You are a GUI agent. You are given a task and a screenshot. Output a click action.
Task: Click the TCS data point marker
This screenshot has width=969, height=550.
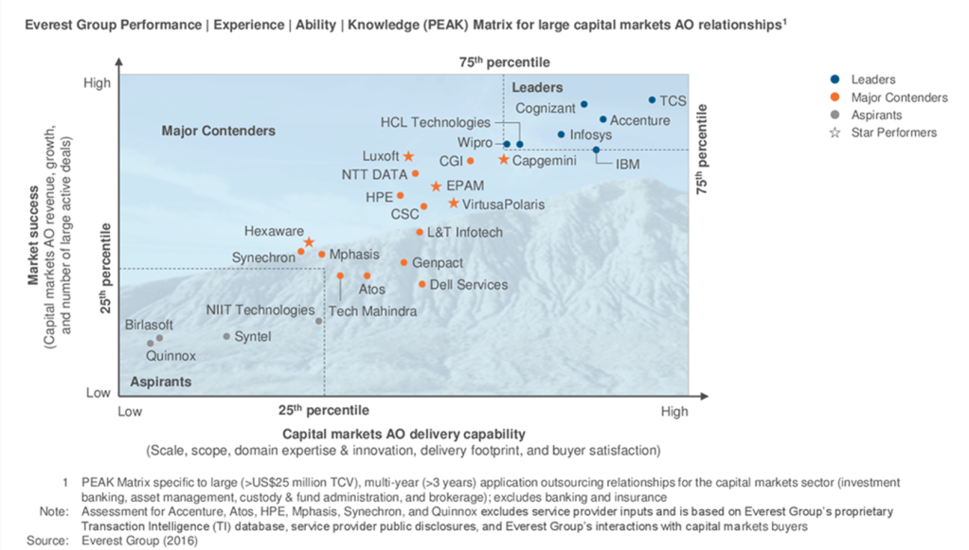[x=652, y=99]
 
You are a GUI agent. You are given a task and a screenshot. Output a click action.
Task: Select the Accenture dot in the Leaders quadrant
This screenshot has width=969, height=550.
[x=603, y=119]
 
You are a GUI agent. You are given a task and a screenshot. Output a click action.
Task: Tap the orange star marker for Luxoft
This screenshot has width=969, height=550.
[x=408, y=156]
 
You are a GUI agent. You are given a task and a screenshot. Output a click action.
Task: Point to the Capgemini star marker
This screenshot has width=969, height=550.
[x=504, y=160]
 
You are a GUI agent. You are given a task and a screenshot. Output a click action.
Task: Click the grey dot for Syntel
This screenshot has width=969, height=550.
[x=226, y=336]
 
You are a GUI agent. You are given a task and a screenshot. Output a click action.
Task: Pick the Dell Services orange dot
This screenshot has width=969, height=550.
[x=422, y=284]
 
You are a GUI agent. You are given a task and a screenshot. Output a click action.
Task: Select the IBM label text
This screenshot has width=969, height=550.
[x=627, y=165]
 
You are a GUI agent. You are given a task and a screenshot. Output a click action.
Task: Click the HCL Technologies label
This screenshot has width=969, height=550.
[x=436, y=122]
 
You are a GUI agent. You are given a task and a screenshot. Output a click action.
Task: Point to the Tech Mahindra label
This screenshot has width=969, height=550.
[x=373, y=311]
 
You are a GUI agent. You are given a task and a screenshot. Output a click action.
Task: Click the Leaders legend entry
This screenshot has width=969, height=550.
[x=872, y=80]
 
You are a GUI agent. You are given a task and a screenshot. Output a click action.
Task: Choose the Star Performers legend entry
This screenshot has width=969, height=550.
[x=893, y=133]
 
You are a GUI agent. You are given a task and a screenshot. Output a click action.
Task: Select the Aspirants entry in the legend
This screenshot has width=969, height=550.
[x=876, y=115]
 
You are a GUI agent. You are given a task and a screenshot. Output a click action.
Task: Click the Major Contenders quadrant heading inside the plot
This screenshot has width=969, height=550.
[x=218, y=131]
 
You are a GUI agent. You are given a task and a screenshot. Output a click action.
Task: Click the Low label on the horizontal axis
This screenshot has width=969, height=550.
[x=130, y=412]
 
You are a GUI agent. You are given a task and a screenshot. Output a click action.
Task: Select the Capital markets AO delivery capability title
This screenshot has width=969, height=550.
[x=403, y=433]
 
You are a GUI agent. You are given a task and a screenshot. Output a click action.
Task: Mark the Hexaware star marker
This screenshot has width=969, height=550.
[x=309, y=243]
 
